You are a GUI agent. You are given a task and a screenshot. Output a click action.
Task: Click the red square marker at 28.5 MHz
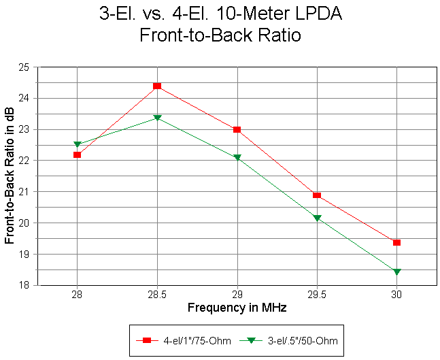(157, 86)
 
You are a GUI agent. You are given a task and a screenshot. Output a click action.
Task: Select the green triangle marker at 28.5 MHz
(157, 118)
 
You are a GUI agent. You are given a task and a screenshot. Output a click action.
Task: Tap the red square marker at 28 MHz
(78, 155)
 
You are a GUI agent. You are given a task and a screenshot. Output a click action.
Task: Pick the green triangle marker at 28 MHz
(78, 144)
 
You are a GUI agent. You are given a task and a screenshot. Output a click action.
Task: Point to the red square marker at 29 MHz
(237, 129)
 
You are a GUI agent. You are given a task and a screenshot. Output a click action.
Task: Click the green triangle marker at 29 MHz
(237, 157)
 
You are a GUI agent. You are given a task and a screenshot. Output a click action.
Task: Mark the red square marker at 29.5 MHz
(317, 195)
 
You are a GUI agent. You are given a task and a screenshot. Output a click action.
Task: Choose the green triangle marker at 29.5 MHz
(317, 218)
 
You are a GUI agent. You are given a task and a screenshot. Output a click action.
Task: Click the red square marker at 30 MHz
(396, 242)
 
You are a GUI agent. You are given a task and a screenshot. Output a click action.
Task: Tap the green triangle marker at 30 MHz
(396, 272)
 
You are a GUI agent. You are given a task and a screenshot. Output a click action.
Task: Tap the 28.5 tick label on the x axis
(157, 295)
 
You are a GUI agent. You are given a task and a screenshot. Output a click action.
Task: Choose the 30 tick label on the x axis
(396, 295)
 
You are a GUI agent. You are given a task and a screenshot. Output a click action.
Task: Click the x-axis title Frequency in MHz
(237, 308)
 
